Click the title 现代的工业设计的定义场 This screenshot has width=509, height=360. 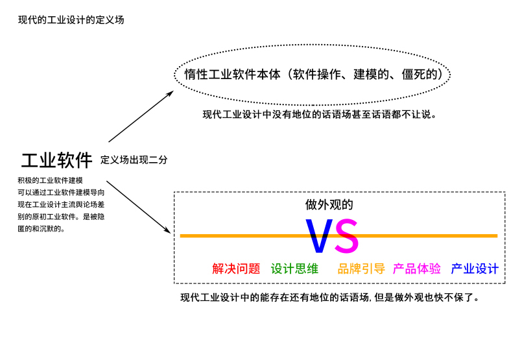[71, 20]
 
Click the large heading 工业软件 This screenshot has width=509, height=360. [57, 160]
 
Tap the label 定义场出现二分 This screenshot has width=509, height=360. [134, 160]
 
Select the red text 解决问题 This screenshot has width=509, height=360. [236, 269]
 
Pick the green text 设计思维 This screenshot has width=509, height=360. [294, 269]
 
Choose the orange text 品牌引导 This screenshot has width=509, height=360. [361, 269]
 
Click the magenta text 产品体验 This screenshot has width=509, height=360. [417, 269]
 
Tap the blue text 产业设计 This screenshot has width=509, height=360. [475, 269]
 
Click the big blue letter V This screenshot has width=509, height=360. [319, 236]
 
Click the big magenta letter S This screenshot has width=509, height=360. [346, 236]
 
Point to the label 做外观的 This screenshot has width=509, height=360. [329, 205]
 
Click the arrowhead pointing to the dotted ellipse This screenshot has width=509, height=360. [170, 92]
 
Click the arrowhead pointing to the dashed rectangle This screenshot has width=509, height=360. [169, 231]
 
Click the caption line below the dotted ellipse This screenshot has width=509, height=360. [318, 115]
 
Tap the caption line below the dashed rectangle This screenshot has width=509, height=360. [330, 298]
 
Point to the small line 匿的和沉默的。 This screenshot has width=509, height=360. [41, 228]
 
